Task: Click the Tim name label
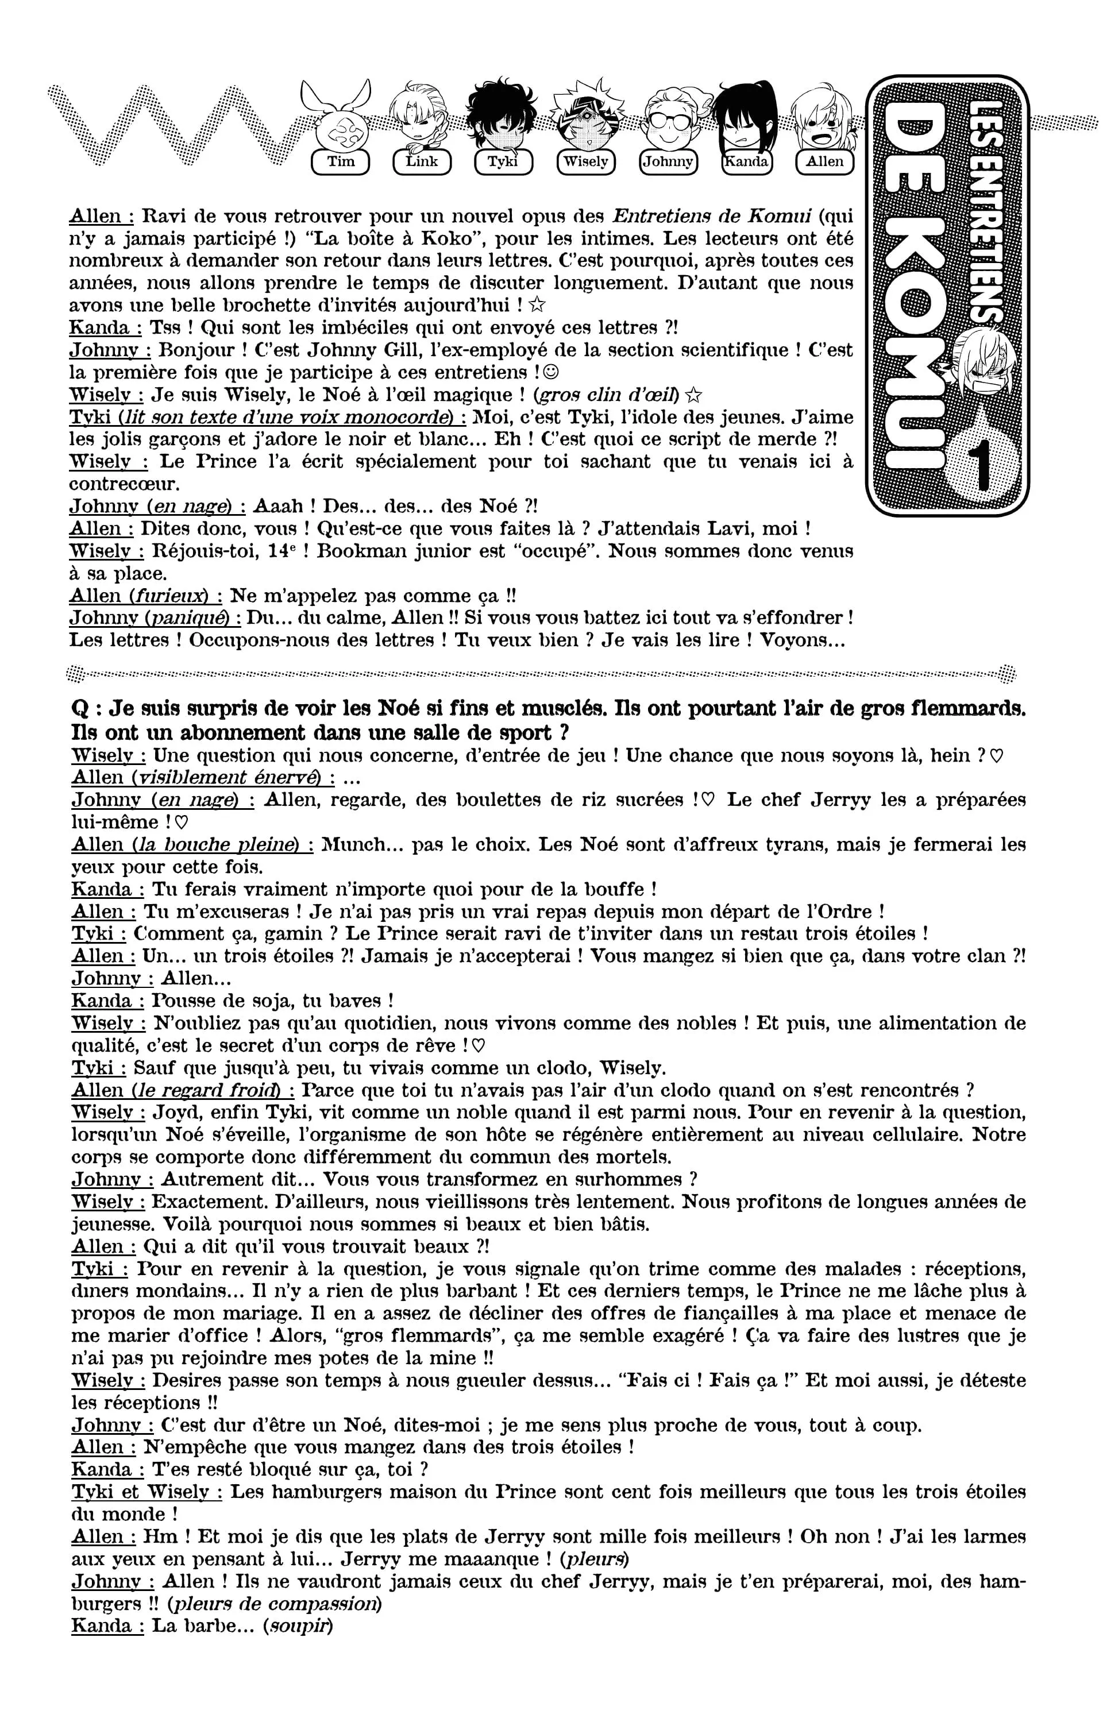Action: (x=341, y=161)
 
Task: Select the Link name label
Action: (x=422, y=161)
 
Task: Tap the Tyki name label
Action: (x=504, y=161)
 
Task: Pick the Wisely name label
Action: (x=585, y=161)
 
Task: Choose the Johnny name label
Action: (x=667, y=161)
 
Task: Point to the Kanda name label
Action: (x=747, y=161)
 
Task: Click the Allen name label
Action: (x=825, y=161)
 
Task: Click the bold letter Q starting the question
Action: (x=80, y=709)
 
